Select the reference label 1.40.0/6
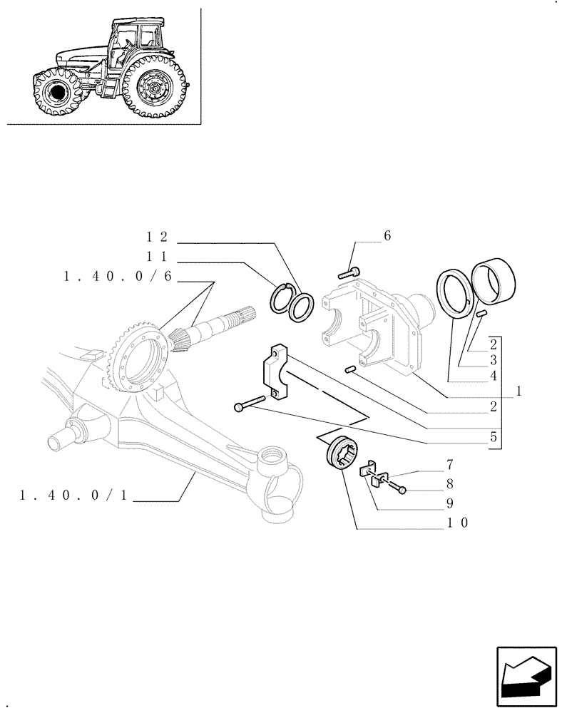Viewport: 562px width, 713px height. (118, 277)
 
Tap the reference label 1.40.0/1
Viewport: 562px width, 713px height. (74, 496)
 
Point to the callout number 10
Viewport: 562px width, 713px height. (456, 523)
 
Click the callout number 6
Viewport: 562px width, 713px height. (387, 236)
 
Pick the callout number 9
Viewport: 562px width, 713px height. (450, 503)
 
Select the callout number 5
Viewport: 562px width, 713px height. (493, 437)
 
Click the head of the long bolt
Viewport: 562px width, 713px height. (237, 406)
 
